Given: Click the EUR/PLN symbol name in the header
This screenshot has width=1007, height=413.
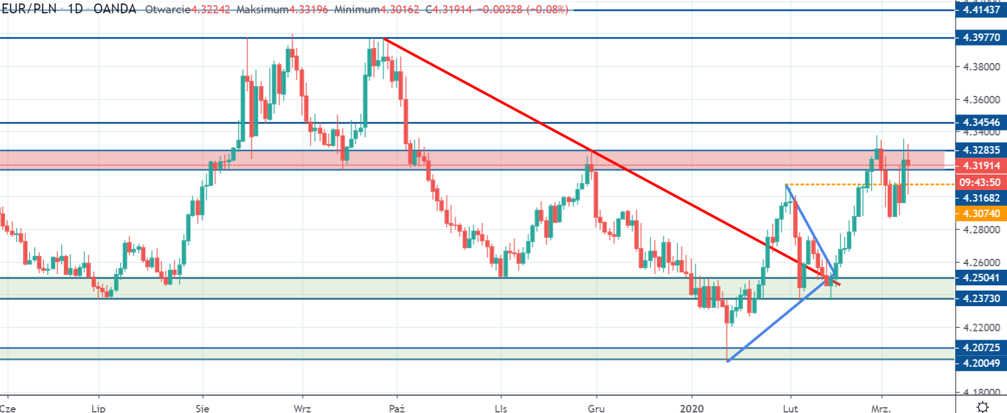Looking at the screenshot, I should tap(29, 9).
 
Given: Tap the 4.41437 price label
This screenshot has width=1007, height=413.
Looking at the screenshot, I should tap(980, 10).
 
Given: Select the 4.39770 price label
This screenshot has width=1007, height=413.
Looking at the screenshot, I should tap(980, 38).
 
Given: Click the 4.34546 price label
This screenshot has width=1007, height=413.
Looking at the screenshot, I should tap(980, 122).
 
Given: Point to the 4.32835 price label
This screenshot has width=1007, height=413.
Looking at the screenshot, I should tap(980, 150).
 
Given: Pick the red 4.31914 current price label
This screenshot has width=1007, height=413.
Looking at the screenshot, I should tap(980, 166).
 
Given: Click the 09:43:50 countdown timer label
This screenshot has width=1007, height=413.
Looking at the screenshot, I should tap(980, 183).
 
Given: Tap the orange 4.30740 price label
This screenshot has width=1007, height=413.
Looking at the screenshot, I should tap(980, 214).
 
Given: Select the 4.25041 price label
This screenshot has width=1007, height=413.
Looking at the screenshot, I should tap(980, 278).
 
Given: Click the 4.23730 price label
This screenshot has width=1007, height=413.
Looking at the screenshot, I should tap(980, 298).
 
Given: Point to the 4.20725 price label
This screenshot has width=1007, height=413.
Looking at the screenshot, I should tap(980, 348).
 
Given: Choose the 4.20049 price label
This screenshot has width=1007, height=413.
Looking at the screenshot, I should tap(980, 363).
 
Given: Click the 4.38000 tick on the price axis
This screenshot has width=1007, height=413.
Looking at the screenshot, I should tap(981, 67).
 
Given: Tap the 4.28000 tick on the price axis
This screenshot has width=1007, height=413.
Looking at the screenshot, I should tap(981, 230).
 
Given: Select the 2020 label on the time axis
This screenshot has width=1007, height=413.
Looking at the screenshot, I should tap(692, 408).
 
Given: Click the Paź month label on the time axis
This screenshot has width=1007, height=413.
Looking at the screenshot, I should tap(397, 408).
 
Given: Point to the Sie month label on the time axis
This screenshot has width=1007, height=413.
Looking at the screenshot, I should tap(202, 408).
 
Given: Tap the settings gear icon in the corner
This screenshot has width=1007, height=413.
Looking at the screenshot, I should tap(982, 407).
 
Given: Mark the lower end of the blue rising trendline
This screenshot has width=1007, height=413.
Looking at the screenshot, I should tap(727, 362).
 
